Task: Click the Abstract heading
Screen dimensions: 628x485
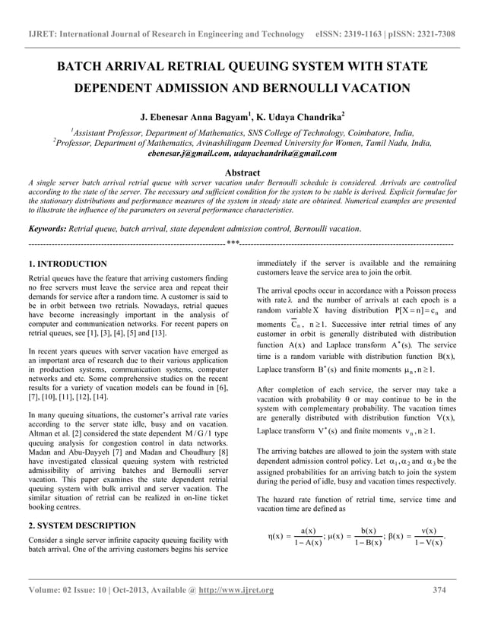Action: point(242,173)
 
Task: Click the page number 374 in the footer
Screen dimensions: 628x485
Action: point(439,591)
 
